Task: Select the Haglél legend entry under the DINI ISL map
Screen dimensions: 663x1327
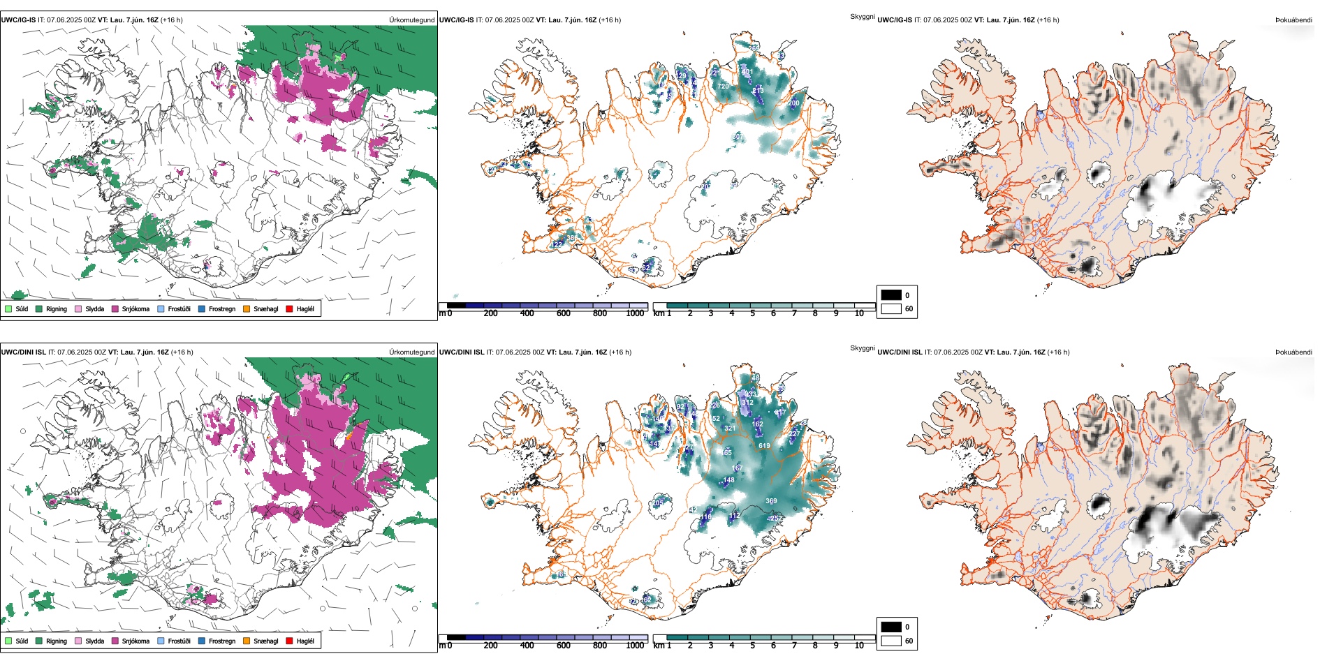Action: click(305, 641)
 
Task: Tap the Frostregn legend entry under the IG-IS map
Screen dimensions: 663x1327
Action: click(221, 308)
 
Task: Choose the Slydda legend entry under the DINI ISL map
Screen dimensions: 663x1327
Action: click(94, 641)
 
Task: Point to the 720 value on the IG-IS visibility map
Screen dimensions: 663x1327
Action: click(723, 87)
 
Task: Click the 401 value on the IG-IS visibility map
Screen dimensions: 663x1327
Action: click(747, 72)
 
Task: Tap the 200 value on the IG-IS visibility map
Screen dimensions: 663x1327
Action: click(793, 103)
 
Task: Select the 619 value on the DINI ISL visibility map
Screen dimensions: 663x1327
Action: click(764, 445)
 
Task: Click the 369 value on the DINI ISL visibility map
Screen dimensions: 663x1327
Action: click(771, 500)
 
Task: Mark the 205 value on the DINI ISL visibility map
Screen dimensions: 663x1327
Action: click(657, 502)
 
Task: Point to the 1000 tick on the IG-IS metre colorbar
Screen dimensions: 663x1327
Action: click(635, 313)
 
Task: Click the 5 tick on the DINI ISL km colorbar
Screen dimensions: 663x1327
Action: click(752, 646)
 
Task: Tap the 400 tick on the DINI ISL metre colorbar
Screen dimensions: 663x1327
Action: click(527, 646)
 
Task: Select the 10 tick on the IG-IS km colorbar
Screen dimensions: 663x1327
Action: click(859, 313)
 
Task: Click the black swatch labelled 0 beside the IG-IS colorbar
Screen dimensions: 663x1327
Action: click(891, 295)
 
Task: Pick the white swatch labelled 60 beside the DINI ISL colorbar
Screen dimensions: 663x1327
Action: click(891, 641)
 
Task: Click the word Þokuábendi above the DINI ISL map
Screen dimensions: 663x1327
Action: click(1293, 352)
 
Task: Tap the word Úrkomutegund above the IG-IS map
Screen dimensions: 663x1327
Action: click(411, 20)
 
